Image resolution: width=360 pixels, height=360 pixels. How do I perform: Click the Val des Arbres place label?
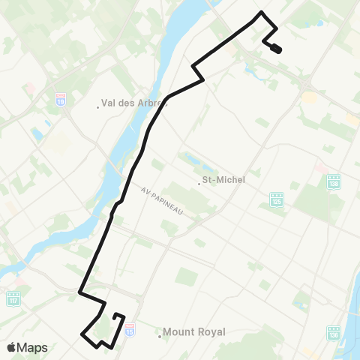pyautogui.click(x=130, y=104)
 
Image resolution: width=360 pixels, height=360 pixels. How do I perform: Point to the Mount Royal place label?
pyautogui.click(x=193, y=331)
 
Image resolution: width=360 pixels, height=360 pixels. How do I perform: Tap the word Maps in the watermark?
pyautogui.click(x=34, y=347)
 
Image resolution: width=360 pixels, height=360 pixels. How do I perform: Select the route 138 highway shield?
pyautogui.click(x=334, y=182)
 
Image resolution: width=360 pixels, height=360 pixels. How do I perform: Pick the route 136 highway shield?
pyautogui.click(x=334, y=331)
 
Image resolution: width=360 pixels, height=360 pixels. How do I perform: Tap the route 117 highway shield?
pyautogui.click(x=13, y=299)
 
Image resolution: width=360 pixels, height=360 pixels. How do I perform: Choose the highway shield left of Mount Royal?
pyautogui.click(x=131, y=327)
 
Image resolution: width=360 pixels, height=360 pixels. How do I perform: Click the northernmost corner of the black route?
pyautogui.click(x=261, y=13)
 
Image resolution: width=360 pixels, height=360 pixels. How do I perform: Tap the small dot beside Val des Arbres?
pyautogui.click(x=98, y=106)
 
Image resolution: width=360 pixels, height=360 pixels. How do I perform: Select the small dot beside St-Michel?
pyautogui.click(x=201, y=181)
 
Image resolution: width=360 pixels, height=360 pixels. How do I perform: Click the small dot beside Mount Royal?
pyautogui.click(x=160, y=332)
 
